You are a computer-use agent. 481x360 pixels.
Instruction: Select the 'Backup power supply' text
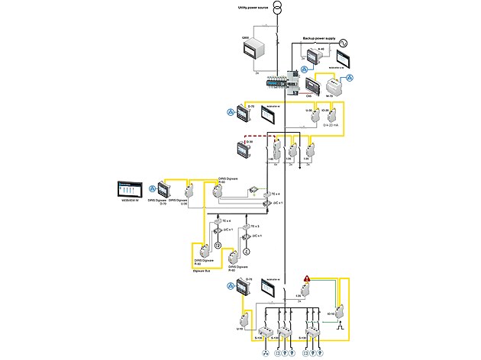(319, 37)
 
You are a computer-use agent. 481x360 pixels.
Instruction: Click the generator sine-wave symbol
(344, 43)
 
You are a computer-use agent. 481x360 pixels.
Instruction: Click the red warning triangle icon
(307, 279)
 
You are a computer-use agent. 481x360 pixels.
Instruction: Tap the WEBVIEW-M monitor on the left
(131, 188)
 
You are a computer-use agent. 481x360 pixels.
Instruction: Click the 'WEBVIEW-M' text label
(128, 201)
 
